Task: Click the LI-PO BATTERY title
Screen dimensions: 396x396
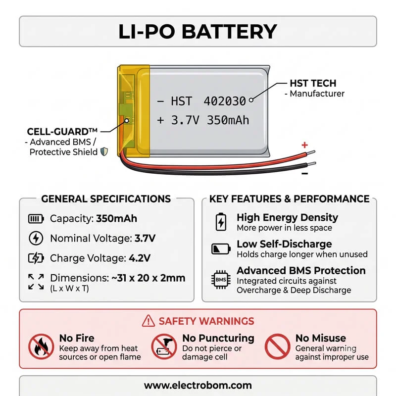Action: point(198,32)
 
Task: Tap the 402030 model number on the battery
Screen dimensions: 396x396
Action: point(225,101)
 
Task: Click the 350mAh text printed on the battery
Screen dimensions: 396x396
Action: point(228,120)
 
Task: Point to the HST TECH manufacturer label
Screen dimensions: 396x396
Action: point(313,83)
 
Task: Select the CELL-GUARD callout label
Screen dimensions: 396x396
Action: point(62,132)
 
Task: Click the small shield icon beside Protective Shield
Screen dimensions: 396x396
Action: point(104,152)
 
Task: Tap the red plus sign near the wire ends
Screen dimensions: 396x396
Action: point(305,145)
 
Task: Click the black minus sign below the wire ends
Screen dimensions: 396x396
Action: point(305,173)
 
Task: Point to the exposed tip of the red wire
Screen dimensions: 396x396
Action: point(311,152)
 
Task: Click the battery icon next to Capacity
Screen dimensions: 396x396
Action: point(36,219)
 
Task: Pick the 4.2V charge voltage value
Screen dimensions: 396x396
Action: point(140,258)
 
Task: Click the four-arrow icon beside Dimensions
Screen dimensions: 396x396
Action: point(36,282)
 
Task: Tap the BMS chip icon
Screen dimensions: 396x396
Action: point(221,280)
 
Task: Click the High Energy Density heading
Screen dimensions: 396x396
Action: point(287,217)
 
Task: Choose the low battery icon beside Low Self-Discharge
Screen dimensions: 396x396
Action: point(221,249)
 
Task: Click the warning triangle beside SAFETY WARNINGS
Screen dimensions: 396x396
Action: point(148,321)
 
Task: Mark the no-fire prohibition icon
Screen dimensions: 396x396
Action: point(41,346)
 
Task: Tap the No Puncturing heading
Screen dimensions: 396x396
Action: point(218,338)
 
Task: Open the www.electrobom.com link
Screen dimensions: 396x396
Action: point(198,386)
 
